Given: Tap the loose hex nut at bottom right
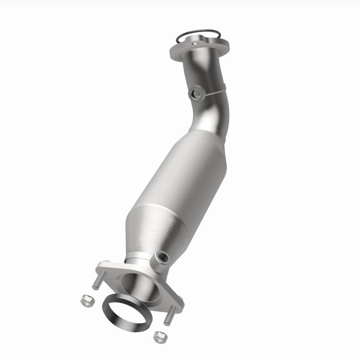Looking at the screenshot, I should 159,335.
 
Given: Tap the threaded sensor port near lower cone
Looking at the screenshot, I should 161,258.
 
